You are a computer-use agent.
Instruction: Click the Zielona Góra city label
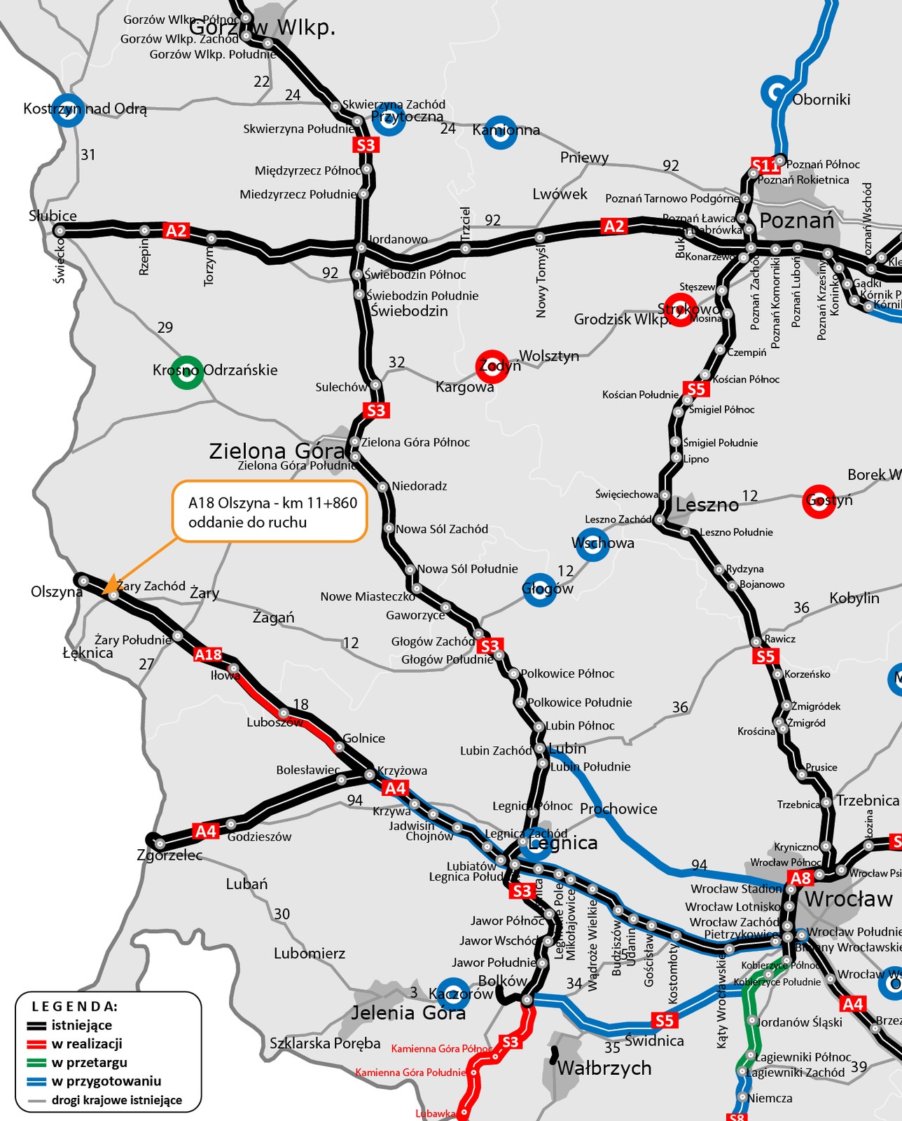pyautogui.click(x=277, y=451)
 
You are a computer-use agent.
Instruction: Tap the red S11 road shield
pyautogui.click(x=765, y=165)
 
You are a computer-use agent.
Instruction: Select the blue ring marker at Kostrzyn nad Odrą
pyautogui.click(x=68, y=110)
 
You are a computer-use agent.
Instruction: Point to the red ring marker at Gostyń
pyautogui.click(x=819, y=501)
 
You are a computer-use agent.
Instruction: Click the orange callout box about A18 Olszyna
pyautogui.click(x=270, y=511)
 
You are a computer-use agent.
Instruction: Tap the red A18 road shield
pyautogui.click(x=208, y=654)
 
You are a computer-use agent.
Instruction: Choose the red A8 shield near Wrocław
pyautogui.click(x=800, y=878)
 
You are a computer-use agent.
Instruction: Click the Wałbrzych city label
pyautogui.click(x=604, y=1068)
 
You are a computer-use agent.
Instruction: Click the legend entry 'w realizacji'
pyautogui.click(x=87, y=1043)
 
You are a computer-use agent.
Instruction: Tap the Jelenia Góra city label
pyautogui.click(x=408, y=1012)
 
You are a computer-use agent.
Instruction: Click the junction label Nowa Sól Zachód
pyautogui.click(x=442, y=529)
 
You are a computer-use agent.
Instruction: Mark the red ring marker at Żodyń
pyautogui.click(x=492, y=366)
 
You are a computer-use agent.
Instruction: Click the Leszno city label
pyautogui.click(x=707, y=504)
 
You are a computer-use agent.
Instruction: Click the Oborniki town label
pyautogui.click(x=821, y=99)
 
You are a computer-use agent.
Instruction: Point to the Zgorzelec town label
pyautogui.click(x=170, y=855)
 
